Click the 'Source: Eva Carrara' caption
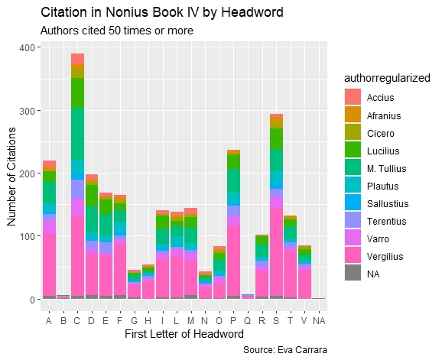[286, 349]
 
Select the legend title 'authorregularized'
[386, 78]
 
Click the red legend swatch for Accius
[352, 98]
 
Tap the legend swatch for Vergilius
[352, 256]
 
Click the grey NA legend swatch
[352, 274]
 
